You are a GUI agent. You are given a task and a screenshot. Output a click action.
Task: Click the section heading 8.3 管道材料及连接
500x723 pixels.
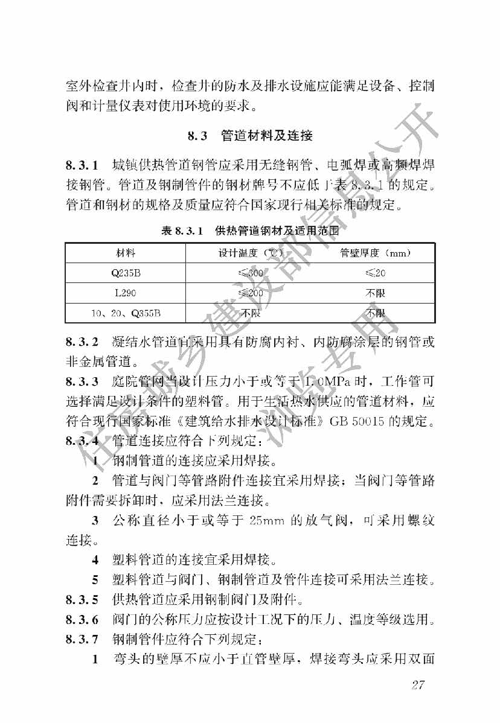click(250, 136)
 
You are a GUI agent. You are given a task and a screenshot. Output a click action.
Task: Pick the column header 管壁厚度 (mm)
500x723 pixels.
click(376, 252)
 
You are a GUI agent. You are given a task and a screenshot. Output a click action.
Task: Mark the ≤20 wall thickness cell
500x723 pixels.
click(376, 273)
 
